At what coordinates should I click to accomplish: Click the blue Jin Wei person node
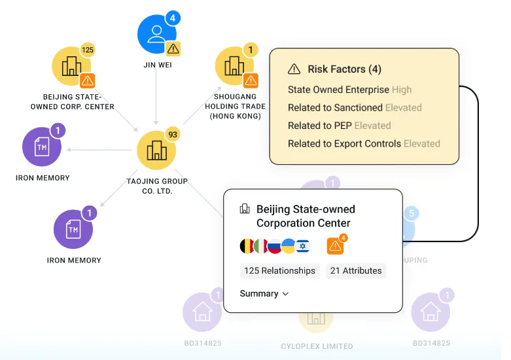pyautogui.click(x=157, y=34)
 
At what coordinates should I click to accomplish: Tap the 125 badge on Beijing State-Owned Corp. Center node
pyautogui.click(x=87, y=50)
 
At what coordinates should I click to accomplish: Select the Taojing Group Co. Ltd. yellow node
pyautogui.click(x=156, y=151)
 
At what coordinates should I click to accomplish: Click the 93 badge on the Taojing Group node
pyautogui.click(x=173, y=134)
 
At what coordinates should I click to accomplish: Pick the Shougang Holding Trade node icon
pyautogui.click(x=234, y=66)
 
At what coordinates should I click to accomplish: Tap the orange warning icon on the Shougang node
pyautogui.click(x=251, y=81)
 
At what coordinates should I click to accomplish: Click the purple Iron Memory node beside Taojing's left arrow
pyautogui.click(x=42, y=147)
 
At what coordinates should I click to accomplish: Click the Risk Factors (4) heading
pyautogui.click(x=335, y=69)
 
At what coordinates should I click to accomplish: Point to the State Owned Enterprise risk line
pyautogui.click(x=349, y=90)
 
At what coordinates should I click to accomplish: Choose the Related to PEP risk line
pyautogui.click(x=340, y=126)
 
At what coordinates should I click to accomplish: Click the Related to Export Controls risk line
pyautogui.click(x=364, y=143)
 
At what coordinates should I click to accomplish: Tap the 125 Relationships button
pyautogui.click(x=279, y=270)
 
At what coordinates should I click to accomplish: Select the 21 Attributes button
pyautogui.click(x=356, y=270)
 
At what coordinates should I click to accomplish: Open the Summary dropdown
pyautogui.click(x=264, y=293)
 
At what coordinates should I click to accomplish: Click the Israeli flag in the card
pyautogui.click(x=303, y=246)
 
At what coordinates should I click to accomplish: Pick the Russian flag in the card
pyautogui.click(x=274, y=246)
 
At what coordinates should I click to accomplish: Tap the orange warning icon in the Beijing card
pyautogui.click(x=335, y=246)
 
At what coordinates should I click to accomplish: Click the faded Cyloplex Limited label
pyautogui.click(x=317, y=346)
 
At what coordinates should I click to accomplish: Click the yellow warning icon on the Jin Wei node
pyautogui.click(x=173, y=49)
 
